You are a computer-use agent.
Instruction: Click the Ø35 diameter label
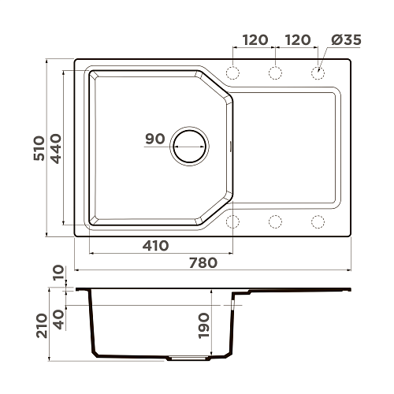[346, 40]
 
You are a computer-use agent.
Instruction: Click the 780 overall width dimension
[203, 262]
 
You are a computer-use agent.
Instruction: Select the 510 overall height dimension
[39, 148]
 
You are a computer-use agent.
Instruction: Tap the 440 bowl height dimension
[56, 149]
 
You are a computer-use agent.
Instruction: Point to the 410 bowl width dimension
[155, 246]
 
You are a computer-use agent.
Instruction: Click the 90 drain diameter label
[155, 139]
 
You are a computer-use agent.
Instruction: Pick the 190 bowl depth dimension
[204, 325]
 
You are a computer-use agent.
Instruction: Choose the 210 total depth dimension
[42, 325]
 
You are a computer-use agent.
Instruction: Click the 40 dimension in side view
[58, 320]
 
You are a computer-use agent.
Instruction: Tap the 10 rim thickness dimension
[58, 273]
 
